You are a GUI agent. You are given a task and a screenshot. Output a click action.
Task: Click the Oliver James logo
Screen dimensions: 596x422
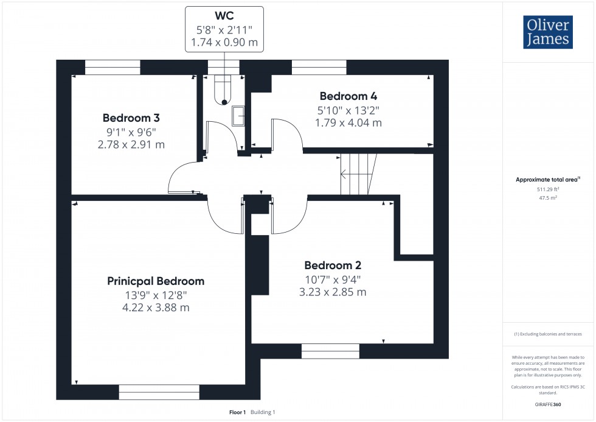click(548, 32)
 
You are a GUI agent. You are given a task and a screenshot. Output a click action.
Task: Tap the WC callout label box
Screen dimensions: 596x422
click(224, 29)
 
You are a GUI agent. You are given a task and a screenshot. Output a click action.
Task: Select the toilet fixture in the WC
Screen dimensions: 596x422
click(223, 90)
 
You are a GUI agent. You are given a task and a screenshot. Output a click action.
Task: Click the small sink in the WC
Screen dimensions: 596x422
click(238, 116)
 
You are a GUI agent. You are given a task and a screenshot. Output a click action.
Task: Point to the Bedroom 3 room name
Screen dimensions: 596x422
click(131, 118)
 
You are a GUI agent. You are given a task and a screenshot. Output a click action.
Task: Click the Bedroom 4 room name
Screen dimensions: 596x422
click(348, 96)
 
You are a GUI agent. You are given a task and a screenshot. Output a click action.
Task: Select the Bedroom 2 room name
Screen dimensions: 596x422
click(333, 266)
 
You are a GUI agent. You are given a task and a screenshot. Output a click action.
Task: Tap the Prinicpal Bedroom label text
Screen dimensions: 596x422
click(156, 281)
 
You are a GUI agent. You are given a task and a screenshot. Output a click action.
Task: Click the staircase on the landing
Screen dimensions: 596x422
click(358, 174)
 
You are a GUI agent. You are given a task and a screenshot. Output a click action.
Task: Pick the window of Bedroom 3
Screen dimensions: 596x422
click(113, 68)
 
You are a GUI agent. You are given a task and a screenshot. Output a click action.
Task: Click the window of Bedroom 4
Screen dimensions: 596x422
click(319, 68)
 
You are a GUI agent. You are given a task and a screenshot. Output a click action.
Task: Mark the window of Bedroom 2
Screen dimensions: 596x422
click(330, 351)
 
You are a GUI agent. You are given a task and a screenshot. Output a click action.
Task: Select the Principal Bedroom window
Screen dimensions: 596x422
click(159, 392)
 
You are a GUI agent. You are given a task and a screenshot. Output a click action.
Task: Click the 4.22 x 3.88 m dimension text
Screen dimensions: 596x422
click(156, 308)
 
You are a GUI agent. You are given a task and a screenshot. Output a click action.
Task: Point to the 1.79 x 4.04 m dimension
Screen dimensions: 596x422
click(348, 123)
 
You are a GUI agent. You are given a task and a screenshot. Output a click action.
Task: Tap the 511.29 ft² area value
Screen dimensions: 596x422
click(548, 189)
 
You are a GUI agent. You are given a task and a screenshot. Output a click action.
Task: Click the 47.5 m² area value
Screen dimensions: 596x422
click(548, 198)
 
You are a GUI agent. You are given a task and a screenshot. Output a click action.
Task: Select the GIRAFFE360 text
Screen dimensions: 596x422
click(548, 404)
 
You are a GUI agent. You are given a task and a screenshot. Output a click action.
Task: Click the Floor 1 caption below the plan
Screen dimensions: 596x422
click(238, 412)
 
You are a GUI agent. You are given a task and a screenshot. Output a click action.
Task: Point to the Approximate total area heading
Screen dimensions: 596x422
click(548, 180)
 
